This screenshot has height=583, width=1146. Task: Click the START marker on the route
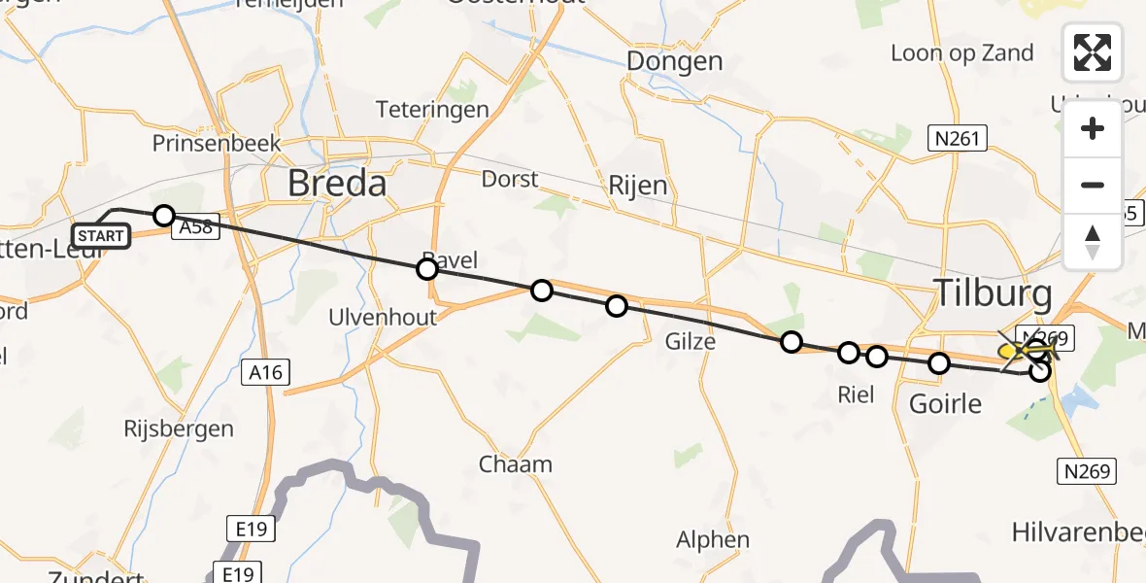[100, 235]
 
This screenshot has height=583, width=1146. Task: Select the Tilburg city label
[992, 292]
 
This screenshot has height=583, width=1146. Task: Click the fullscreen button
[1093, 52]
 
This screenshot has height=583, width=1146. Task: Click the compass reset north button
[1093, 242]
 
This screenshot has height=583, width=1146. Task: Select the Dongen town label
[675, 61]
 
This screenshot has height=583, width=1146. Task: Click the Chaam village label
[515, 464]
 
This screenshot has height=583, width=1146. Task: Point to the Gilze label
[690, 341]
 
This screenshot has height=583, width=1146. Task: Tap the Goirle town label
[946, 403]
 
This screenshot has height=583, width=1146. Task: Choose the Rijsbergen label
[179, 429]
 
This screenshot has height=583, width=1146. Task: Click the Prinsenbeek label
[217, 144]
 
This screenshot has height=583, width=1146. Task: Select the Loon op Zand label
[961, 52]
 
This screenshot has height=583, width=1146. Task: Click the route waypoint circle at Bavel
[427, 269]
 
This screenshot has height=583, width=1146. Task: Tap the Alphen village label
[713, 540]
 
